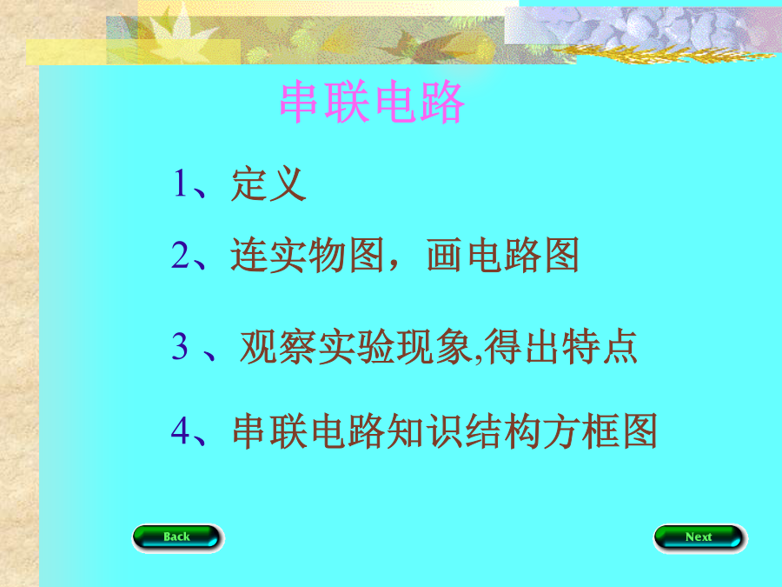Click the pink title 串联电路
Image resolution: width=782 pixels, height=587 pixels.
[372, 102]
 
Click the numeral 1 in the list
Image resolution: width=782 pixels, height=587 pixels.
[180, 183]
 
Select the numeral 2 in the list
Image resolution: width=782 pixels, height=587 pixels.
[181, 255]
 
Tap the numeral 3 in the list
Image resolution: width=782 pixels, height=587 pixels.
[180, 346]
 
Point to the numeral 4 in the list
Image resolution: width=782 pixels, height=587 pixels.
[181, 430]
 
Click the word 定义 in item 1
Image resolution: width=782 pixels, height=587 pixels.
[268, 183]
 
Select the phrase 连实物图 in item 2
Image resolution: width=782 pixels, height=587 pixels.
[308, 255]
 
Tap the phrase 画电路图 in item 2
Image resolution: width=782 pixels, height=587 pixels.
[503, 255]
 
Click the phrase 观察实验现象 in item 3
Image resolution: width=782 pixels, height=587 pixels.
[355, 346]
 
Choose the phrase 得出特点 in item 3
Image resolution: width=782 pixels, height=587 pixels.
[560, 346]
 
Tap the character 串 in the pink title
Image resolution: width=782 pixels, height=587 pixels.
[299, 102]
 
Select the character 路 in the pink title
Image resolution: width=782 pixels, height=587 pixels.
[443, 102]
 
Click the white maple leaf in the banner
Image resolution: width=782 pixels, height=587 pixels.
[177, 32]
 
